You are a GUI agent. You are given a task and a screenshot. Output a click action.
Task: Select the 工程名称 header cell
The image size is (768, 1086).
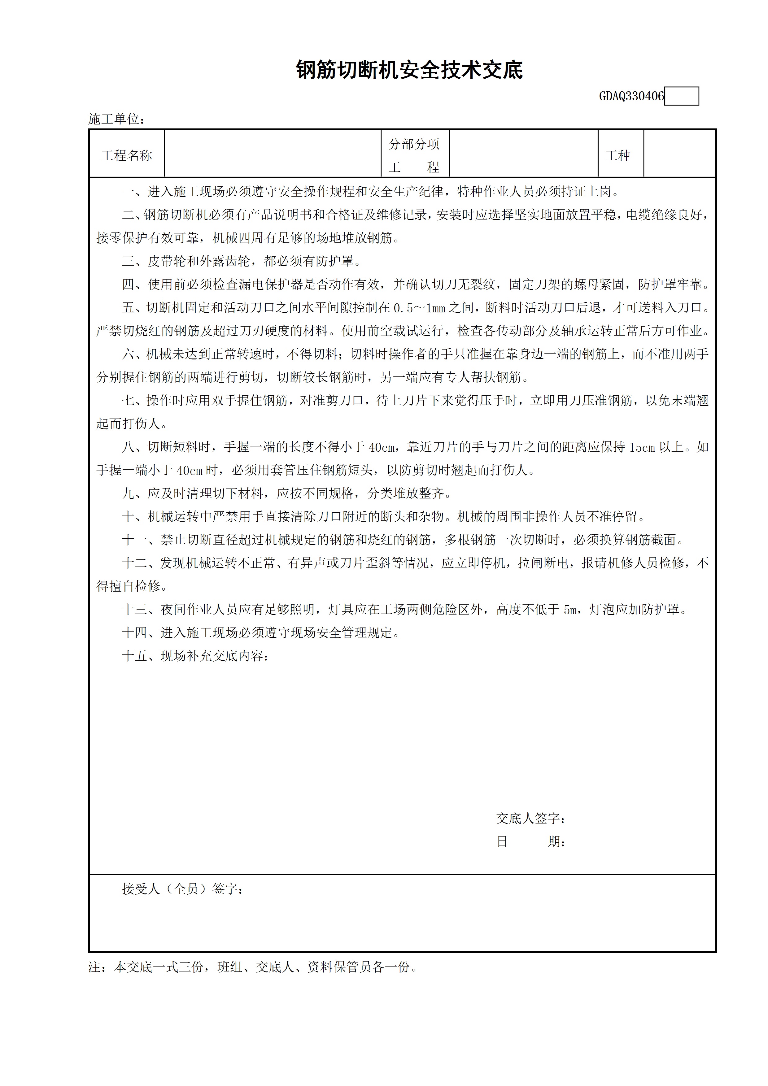point(126,155)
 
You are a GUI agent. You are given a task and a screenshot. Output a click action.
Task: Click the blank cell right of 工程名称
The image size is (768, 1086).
point(273,154)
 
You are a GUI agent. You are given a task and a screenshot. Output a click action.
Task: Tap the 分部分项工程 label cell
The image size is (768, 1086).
point(415,155)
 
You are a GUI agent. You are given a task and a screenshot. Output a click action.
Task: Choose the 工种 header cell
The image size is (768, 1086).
point(618,155)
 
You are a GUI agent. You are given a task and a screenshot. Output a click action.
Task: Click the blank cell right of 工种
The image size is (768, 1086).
point(679,154)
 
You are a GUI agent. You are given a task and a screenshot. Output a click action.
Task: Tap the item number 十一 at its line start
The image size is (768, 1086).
point(135,540)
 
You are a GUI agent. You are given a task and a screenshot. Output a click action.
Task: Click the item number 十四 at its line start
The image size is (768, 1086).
point(135,633)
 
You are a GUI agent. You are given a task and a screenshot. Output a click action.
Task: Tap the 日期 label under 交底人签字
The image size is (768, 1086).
point(530,841)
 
